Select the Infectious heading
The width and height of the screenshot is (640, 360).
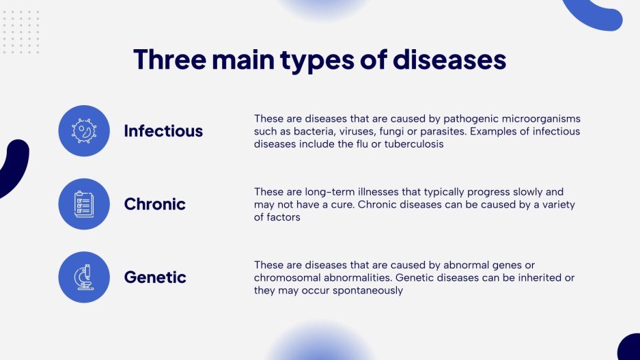[163, 131]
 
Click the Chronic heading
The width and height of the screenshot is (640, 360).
[154, 204]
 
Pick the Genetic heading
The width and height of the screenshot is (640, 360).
[155, 277]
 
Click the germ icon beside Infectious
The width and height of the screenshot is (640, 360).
[84, 131]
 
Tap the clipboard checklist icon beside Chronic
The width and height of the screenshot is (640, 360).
[84, 204]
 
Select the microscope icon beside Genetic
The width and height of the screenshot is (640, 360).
[84, 277]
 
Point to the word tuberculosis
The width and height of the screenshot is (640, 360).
[414, 144]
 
